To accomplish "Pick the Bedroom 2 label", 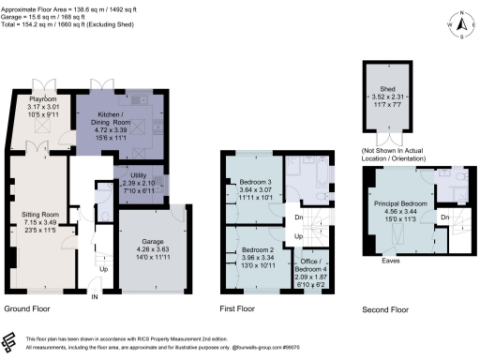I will pos(253,226).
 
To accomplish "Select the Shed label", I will pos(393,82).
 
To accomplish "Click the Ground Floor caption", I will pos(28,308).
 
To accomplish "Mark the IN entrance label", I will pos(94,297).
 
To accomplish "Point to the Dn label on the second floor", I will pos(444,217).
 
